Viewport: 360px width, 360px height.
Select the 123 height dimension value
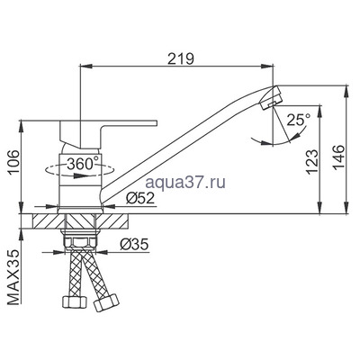coord(310,158)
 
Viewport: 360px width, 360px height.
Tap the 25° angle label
coord(298,118)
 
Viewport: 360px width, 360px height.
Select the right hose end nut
coord(102,307)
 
